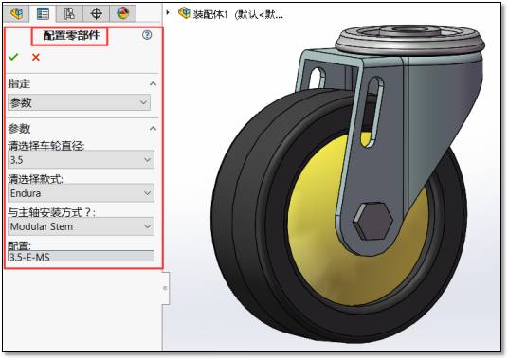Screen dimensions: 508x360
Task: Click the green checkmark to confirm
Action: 13,57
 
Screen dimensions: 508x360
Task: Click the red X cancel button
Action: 36,57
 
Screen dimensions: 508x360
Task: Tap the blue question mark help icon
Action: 147,35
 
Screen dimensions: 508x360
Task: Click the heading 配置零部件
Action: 71,35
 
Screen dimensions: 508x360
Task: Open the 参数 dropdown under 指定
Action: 79,102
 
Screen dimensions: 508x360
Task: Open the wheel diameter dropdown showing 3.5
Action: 81,159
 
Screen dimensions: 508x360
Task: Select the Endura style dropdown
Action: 81,193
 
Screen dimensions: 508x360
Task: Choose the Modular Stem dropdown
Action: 81,226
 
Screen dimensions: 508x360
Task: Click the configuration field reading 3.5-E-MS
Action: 81,257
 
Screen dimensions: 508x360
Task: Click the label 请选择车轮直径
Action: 46,146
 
